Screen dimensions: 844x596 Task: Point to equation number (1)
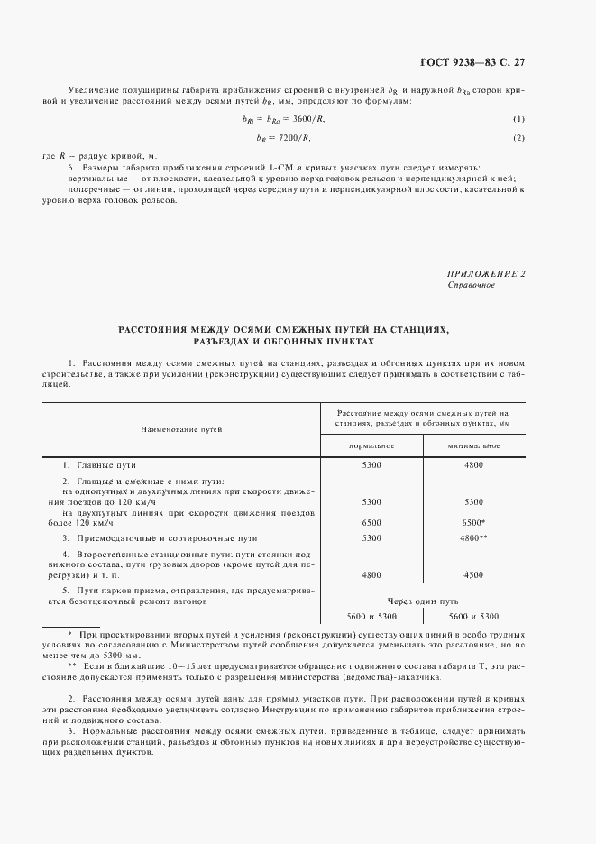[x=518, y=120]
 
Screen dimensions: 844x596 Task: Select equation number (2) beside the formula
[x=518, y=137]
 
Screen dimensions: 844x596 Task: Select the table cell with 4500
[x=473, y=574]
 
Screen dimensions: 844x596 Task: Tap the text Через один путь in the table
[x=423, y=600]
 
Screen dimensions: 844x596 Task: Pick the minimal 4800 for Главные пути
[x=473, y=464]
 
